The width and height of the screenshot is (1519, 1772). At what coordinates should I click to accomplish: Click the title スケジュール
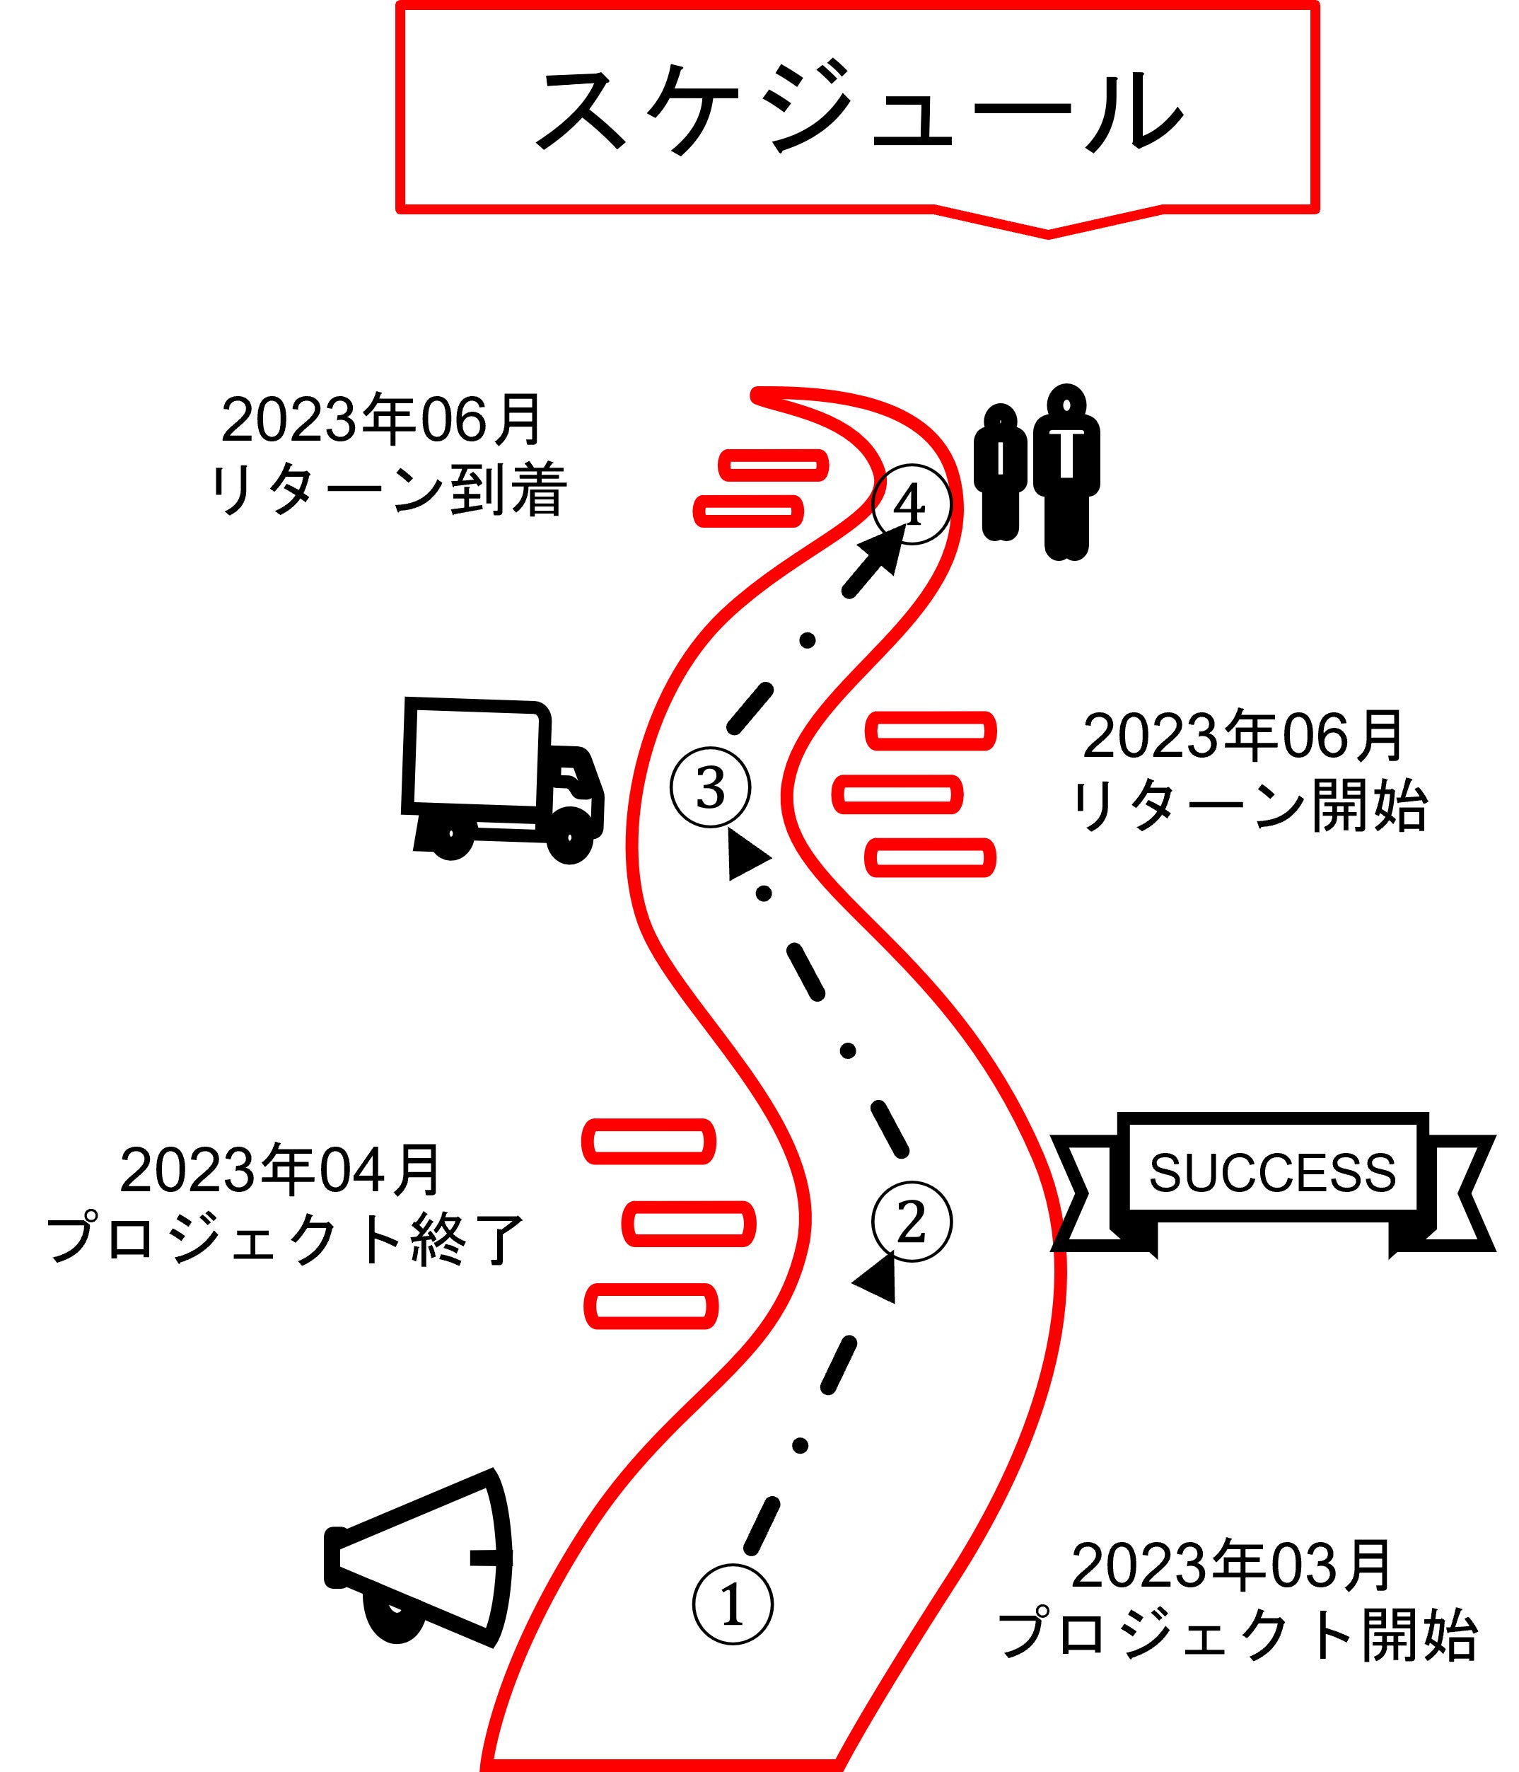click(857, 110)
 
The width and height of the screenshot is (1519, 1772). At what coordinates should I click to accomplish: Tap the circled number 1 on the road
click(733, 1605)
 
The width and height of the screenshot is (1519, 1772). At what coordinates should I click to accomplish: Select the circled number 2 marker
click(912, 1221)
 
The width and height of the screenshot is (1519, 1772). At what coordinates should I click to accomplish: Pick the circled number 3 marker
click(709, 787)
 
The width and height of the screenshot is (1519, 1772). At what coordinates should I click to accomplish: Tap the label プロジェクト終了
click(285, 1239)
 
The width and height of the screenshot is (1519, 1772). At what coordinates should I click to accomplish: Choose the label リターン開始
click(1249, 806)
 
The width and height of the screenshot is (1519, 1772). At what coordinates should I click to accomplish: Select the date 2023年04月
click(279, 1171)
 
